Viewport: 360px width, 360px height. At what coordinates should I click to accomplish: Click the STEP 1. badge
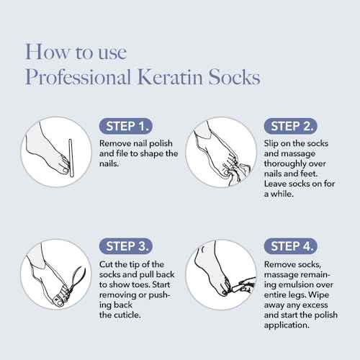(126, 126)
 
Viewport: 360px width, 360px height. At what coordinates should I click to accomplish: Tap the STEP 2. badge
(291, 126)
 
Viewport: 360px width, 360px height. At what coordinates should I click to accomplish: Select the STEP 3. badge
(126, 246)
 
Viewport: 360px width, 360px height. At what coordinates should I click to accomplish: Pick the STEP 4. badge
(291, 246)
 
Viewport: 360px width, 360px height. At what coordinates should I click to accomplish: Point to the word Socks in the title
(234, 77)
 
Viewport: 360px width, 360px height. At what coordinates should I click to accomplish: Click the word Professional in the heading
(78, 77)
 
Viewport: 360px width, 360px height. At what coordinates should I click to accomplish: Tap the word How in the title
(47, 52)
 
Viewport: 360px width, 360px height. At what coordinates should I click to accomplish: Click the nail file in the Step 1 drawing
(71, 158)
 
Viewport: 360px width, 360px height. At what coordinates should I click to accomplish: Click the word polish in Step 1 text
(161, 143)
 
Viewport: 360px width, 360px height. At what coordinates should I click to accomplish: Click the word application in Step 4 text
(287, 325)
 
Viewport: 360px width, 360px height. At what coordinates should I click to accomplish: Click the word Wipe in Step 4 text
(318, 294)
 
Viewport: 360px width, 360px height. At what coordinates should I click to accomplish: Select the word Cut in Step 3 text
(107, 264)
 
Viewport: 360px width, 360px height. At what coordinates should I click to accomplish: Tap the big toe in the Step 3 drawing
(60, 301)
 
